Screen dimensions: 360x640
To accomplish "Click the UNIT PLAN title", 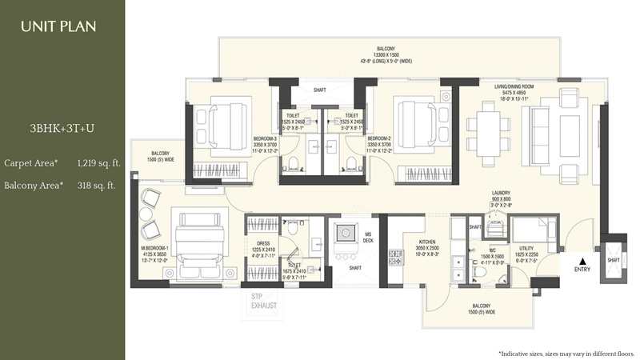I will pos(58,26).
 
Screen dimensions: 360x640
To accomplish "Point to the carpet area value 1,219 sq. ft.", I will pos(98,163).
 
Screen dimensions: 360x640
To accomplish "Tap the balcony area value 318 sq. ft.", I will pos(96,186).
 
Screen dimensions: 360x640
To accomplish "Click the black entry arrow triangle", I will pos(583,260).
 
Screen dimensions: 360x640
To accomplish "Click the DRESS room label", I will pos(262,245).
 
